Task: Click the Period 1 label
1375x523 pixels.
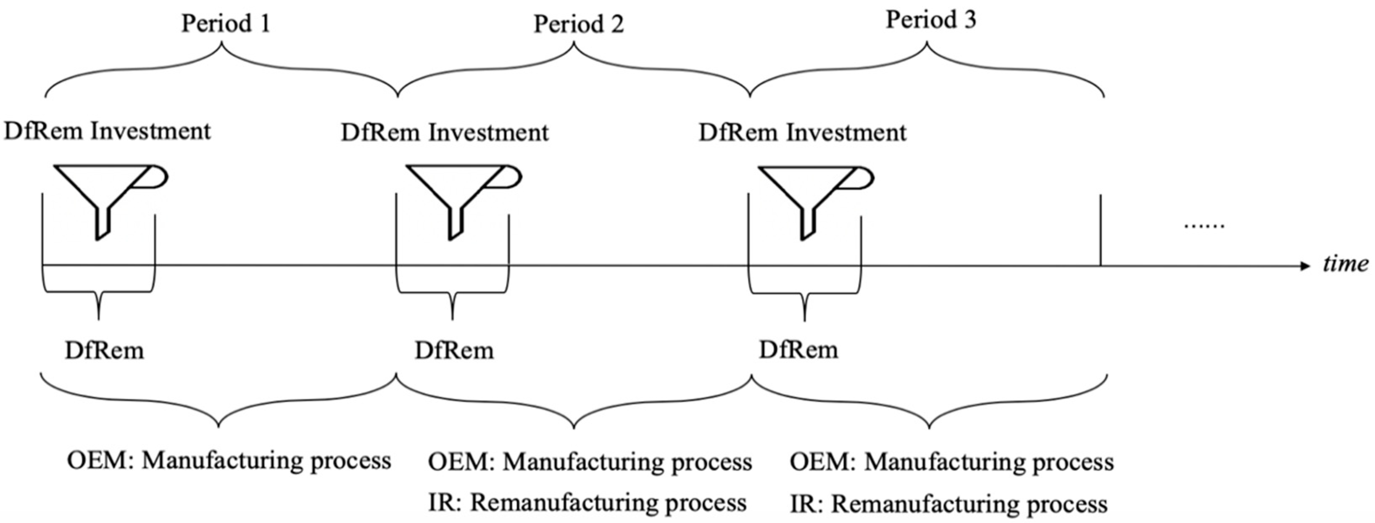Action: click(225, 24)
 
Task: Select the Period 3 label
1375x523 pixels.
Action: click(931, 20)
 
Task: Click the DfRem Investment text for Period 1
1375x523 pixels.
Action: click(107, 131)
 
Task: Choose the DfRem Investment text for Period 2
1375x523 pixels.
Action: click(445, 133)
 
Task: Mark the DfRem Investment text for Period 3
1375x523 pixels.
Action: click(802, 133)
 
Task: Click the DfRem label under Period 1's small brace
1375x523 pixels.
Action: click(105, 351)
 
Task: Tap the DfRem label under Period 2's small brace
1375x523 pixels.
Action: click(454, 351)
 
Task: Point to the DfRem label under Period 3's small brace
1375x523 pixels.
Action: click(798, 350)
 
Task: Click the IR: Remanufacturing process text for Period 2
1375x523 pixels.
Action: click(587, 503)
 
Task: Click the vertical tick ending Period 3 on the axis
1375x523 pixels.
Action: click(1101, 230)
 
